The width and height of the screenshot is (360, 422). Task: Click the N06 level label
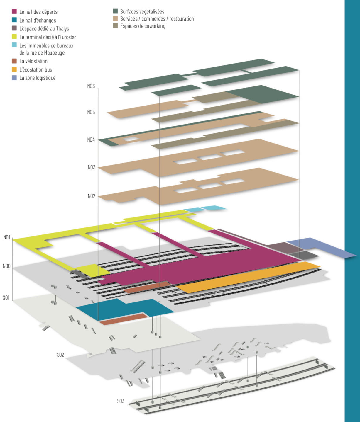pos(91,86)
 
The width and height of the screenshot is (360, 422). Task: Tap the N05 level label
pos(91,112)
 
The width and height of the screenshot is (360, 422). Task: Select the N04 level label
pos(91,140)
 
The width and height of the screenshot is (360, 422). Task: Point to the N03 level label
pos(92,167)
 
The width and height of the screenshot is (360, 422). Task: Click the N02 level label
pos(92,196)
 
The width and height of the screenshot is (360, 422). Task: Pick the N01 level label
pos(7,237)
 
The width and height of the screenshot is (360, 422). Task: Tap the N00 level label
pos(6,266)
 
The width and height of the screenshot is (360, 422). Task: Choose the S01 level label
pos(6,298)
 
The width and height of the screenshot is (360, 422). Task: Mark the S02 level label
pos(60,355)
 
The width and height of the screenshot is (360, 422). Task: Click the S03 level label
pos(121,401)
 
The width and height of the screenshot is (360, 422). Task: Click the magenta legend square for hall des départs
pos(14,11)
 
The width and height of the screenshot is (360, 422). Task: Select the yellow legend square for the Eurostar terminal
pos(14,37)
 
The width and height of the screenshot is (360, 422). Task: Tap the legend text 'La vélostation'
pos(33,61)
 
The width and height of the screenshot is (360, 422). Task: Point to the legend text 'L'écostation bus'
pos(36,70)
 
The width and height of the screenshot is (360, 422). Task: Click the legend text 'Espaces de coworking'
pos(143,26)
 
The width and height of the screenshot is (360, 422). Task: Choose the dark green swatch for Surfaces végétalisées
pos(115,11)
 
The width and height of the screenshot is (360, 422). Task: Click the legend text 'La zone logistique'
pos(37,78)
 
